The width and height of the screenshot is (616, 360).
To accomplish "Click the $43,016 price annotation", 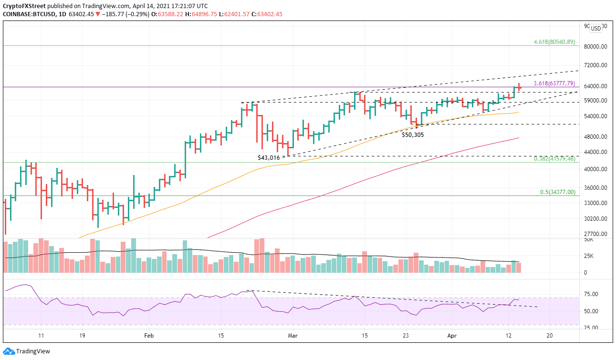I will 270,157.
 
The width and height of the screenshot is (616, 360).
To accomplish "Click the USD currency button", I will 595,28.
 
